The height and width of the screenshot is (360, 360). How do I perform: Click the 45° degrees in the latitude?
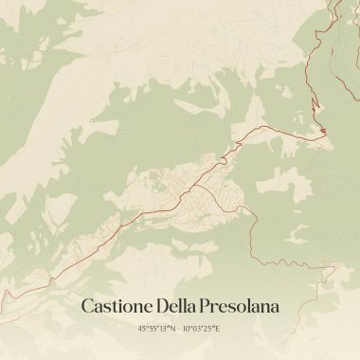tap(143, 329)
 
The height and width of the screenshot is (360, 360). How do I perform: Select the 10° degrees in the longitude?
tap(189, 329)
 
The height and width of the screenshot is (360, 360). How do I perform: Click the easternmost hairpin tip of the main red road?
tap(327, 132)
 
